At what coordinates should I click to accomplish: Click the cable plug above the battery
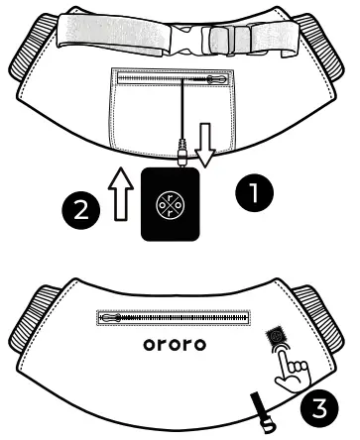pyautogui.click(x=180, y=154)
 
